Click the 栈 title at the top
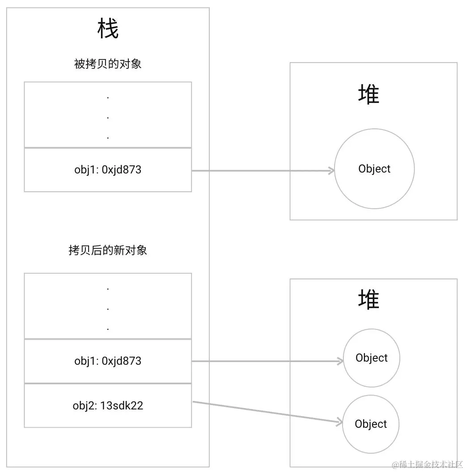[108, 30]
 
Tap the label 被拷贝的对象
[108, 64]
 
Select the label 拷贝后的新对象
[108, 250]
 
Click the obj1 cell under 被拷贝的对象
[108, 170]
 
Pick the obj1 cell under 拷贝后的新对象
[108, 361]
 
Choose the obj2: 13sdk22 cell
[108, 405]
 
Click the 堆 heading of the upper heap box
[369, 95]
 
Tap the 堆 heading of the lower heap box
[369, 299]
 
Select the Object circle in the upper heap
[374, 169]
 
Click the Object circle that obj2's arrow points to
[371, 424]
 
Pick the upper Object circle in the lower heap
[372, 358]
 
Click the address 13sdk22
[122, 405]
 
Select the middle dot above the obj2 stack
[108, 309]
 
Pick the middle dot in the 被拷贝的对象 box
[108, 118]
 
